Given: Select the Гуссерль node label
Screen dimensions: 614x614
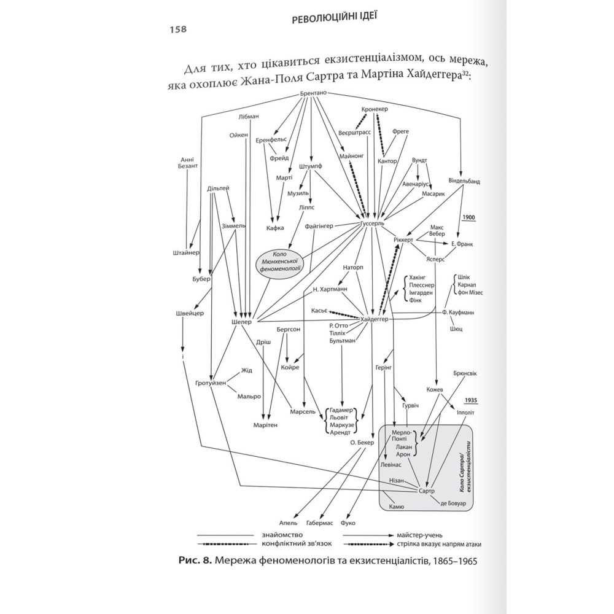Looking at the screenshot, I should point(370,224).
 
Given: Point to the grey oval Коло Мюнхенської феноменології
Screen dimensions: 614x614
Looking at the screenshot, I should point(280,265).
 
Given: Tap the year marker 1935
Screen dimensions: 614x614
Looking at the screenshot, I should point(472,400).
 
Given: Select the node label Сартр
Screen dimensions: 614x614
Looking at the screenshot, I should point(426,491).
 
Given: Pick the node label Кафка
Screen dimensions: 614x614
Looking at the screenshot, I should point(275,228).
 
